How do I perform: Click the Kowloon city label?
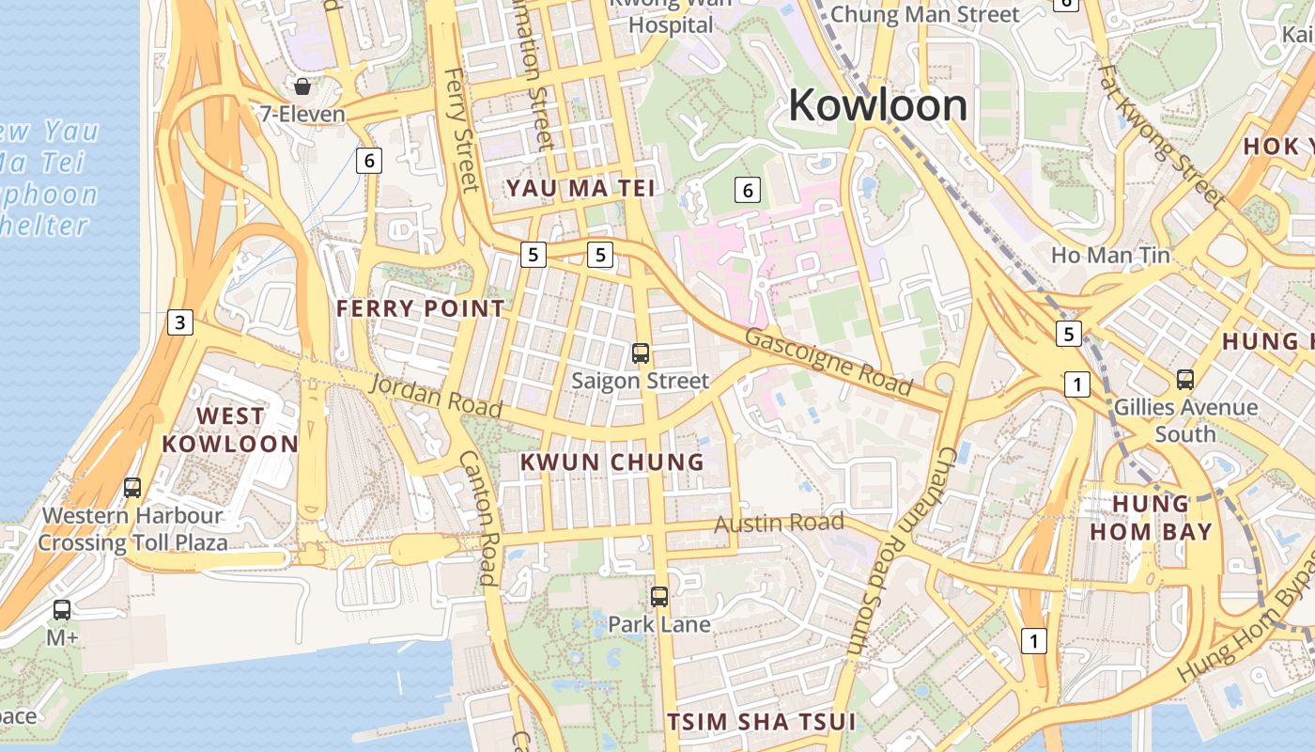pos(877,105)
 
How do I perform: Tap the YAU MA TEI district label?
pos(580,188)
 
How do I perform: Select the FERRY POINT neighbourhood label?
pos(420,308)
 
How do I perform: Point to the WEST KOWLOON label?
pos(230,430)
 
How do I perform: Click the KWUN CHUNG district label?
pos(611,462)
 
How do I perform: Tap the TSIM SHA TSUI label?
pos(761,722)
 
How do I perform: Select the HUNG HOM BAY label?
pos(1151,517)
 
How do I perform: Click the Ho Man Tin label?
pos(1110,255)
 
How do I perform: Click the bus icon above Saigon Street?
pos(641,353)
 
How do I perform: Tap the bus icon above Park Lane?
pos(659,596)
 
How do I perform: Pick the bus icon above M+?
pos(62,609)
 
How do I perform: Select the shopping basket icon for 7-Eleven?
pos(302,86)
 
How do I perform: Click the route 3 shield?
pos(180,322)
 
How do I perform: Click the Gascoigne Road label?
pos(828,362)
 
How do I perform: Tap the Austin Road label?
pos(779,523)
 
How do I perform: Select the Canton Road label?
pos(477,517)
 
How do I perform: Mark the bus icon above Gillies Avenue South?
pos(1185,380)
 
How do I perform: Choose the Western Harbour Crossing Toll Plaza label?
pos(132,528)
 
